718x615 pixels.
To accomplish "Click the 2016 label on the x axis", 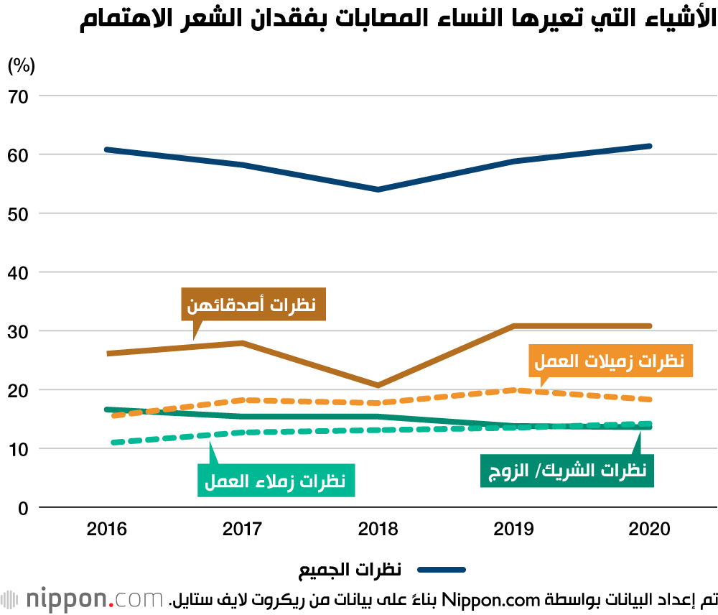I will click(106, 530).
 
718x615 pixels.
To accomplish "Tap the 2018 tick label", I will click(378, 530).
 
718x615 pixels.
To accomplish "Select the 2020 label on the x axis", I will click(648, 530).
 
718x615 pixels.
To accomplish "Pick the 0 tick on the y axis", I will click(22, 508).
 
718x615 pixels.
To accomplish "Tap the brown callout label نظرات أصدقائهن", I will click(253, 304).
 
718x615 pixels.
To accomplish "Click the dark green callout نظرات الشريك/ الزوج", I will click(567, 470).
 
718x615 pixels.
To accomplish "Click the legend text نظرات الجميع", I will click(350, 570).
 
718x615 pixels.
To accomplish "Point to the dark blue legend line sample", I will click(442, 570).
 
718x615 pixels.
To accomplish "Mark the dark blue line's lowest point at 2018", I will click(378, 190).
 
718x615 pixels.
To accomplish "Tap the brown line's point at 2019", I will click(513, 326).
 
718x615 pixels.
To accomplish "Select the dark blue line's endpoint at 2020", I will click(648, 147).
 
